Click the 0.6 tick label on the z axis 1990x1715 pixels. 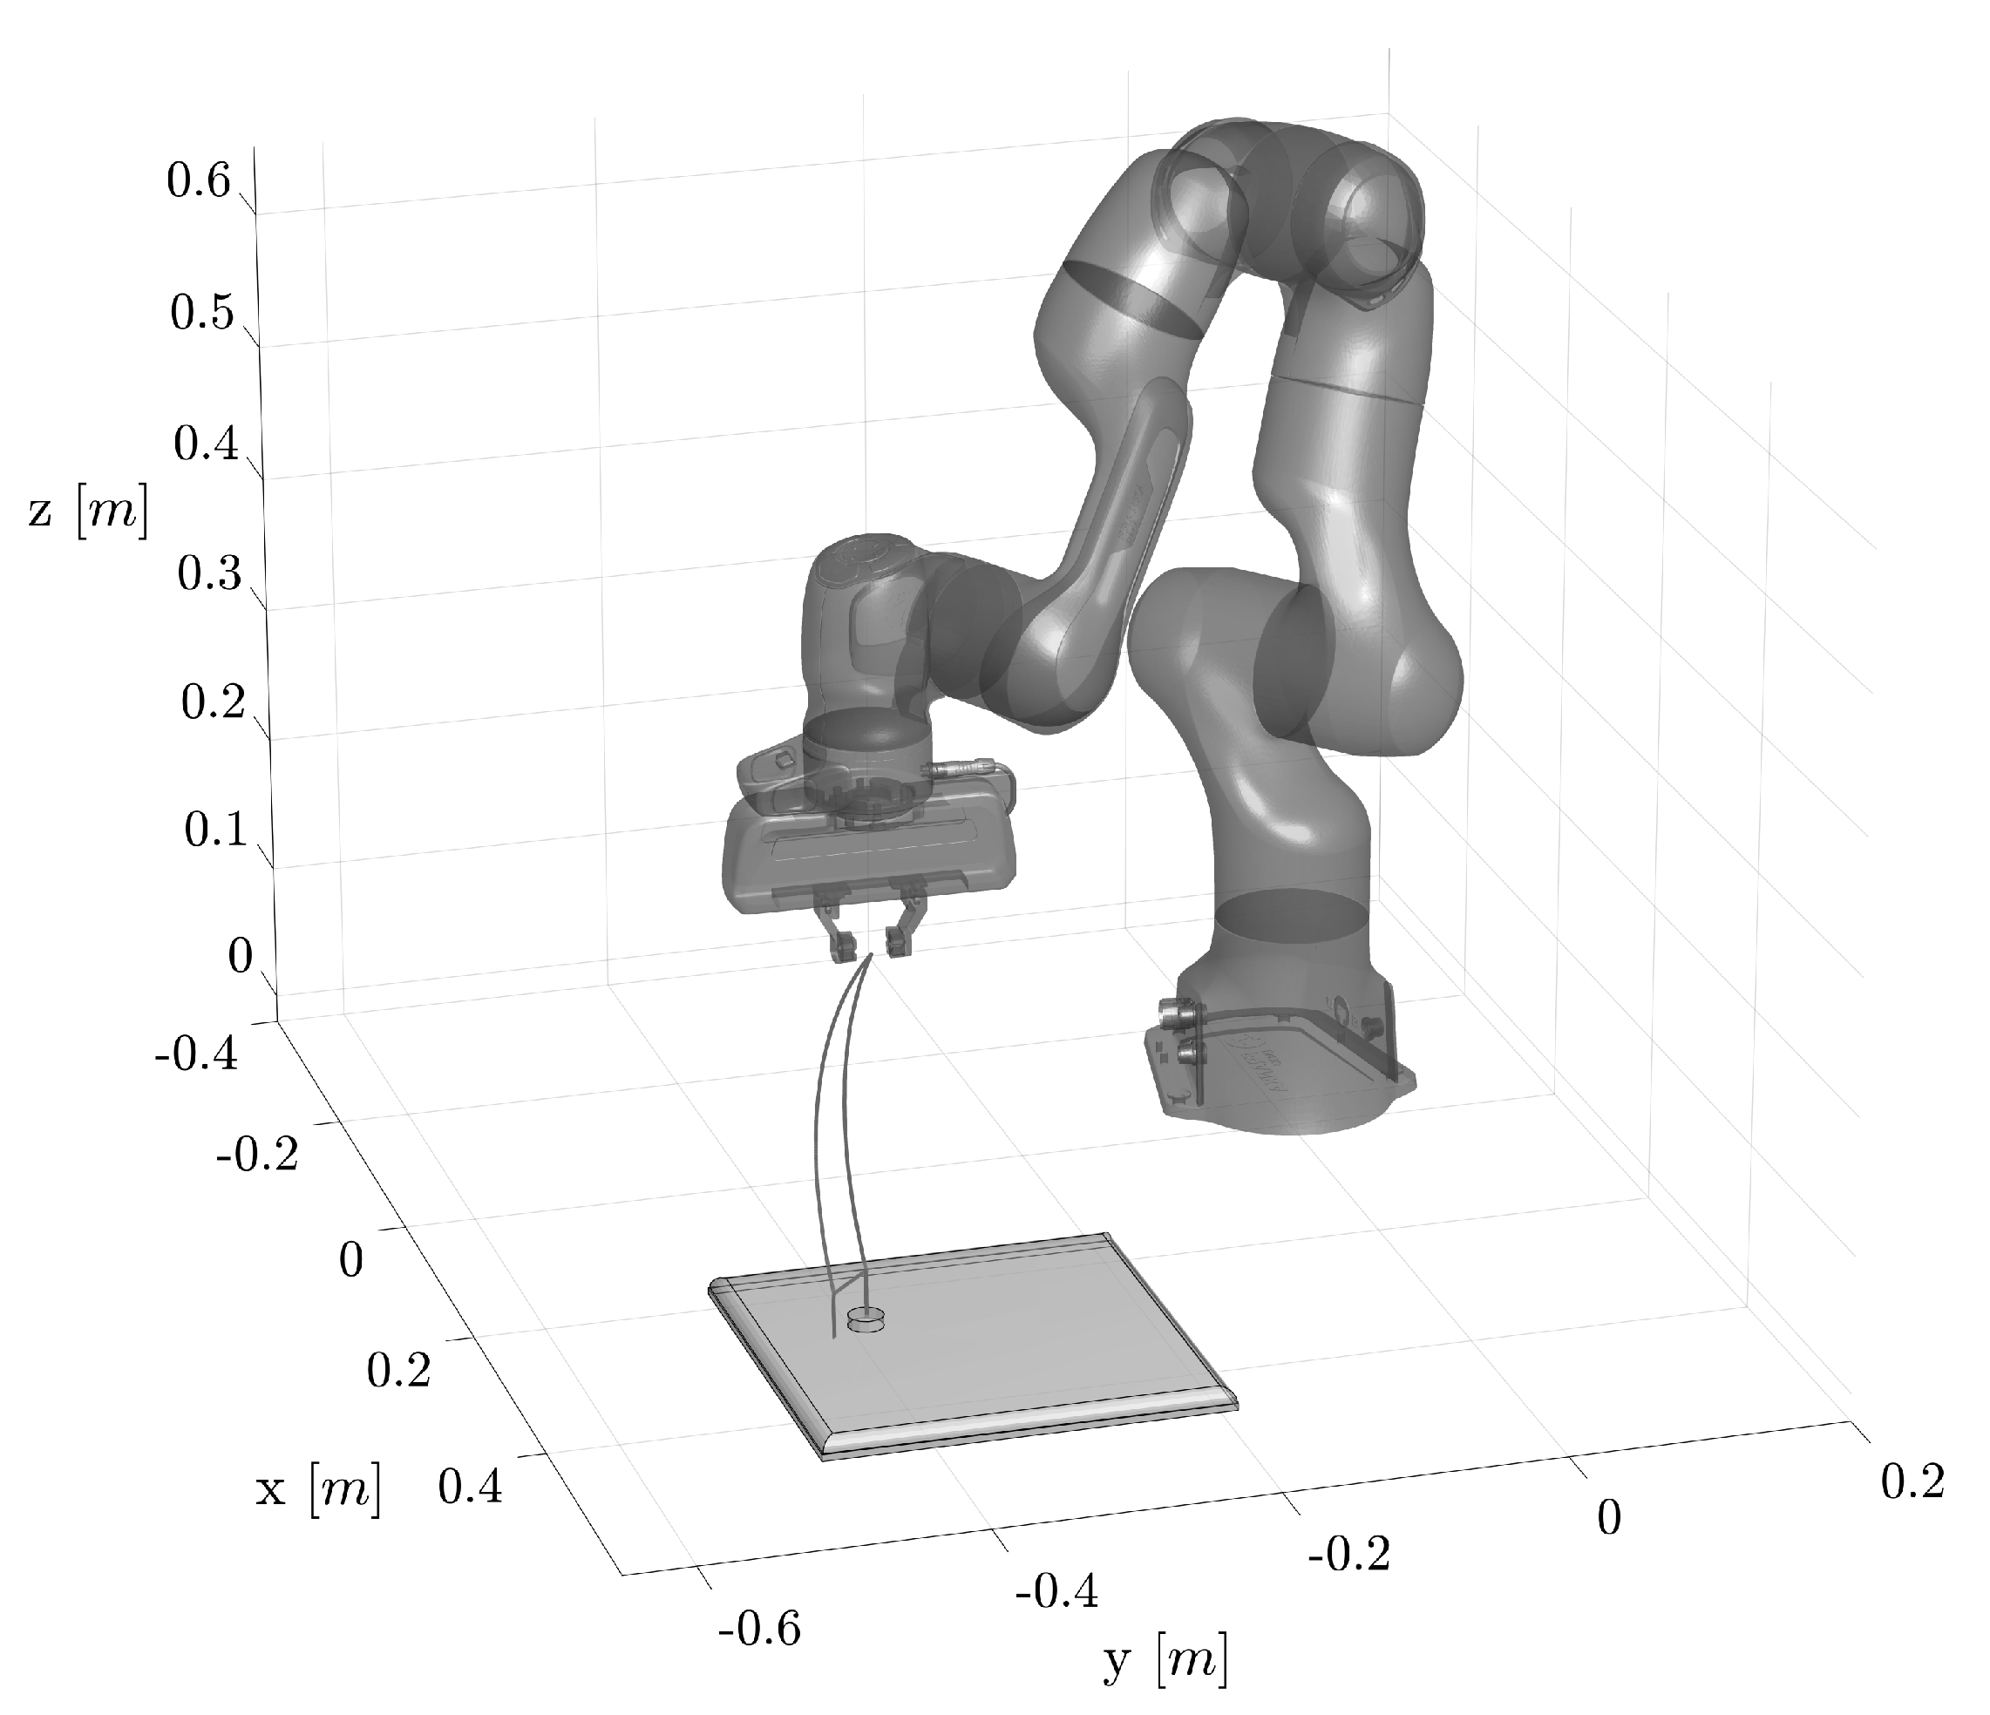tap(199, 180)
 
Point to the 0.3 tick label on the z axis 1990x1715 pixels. tap(208, 574)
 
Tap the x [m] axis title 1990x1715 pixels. tap(318, 1489)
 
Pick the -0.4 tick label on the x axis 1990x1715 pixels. tap(195, 1054)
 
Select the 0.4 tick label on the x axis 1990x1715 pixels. tap(470, 1488)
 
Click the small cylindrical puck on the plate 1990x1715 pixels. tap(867, 1323)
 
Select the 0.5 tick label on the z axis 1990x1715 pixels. tap(201, 313)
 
